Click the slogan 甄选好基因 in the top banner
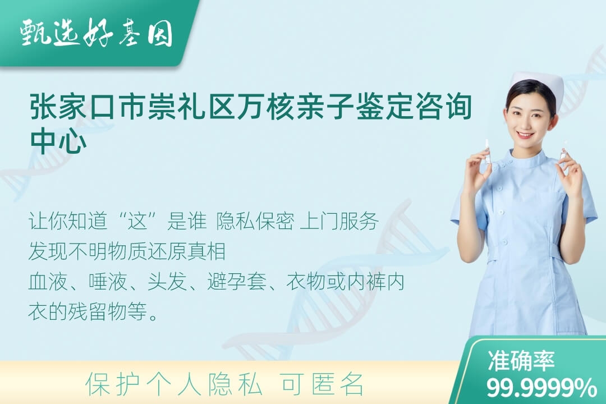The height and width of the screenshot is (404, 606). [97, 33]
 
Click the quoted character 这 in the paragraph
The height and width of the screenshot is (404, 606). [138, 222]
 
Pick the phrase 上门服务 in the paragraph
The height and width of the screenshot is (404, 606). [339, 222]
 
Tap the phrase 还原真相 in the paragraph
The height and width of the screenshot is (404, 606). [186, 252]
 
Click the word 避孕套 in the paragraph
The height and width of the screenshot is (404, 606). [237, 282]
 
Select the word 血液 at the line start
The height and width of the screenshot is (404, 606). [48, 282]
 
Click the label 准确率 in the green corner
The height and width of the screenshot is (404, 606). [521, 360]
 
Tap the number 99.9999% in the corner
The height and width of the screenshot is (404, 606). [541, 388]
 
